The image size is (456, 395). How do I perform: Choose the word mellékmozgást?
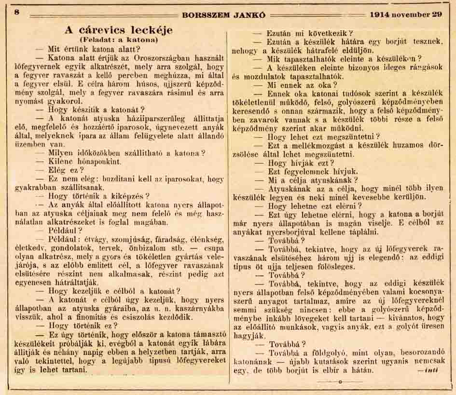pyautogui.click(x=312, y=145)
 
